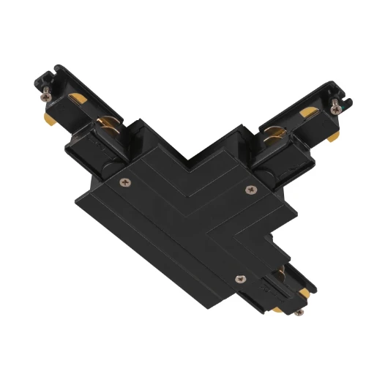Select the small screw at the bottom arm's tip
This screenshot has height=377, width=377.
[x=299, y=312]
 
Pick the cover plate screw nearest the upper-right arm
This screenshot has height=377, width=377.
[x=250, y=190]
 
